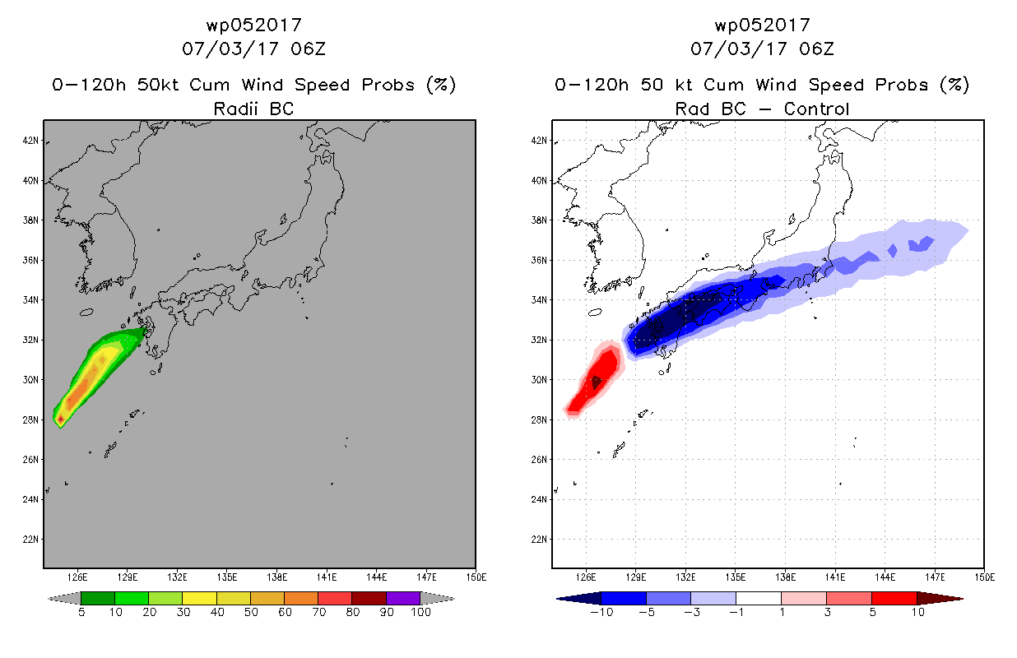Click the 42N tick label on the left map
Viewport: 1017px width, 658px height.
[x=30, y=140]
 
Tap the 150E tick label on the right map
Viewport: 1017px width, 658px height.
[x=985, y=577]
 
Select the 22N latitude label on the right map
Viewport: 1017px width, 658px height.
[x=539, y=539]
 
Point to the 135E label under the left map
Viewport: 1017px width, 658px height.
[x=227, y=577]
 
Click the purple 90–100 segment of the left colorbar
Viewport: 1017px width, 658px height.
[x=403, y=598]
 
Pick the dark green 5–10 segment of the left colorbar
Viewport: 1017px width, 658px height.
[x=98, y=598]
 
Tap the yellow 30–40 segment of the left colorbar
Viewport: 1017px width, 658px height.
[x=200, y=598]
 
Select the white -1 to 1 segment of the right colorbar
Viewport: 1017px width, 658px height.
[x=759, y=598]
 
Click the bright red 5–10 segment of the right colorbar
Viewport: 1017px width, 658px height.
[x=894, y=598]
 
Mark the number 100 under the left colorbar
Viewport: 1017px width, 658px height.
[x=420, y=612]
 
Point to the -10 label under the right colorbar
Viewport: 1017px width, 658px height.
[x=601, y=612]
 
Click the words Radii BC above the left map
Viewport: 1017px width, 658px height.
[x=253, y=109]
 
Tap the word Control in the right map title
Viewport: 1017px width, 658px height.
[x=816, y=109]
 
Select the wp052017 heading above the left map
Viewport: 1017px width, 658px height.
[x=253, y=25]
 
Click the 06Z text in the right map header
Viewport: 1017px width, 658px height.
[x=817, y=49]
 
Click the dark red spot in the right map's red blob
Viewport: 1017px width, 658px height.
[x=596, y=382]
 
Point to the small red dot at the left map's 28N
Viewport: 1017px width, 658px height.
[x=60, y=419]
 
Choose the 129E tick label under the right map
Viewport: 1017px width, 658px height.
[x=635, y=577]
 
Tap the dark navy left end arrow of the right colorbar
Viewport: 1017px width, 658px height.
[x=579, y=599]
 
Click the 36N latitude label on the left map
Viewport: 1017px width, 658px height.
[x=30, y=260]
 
